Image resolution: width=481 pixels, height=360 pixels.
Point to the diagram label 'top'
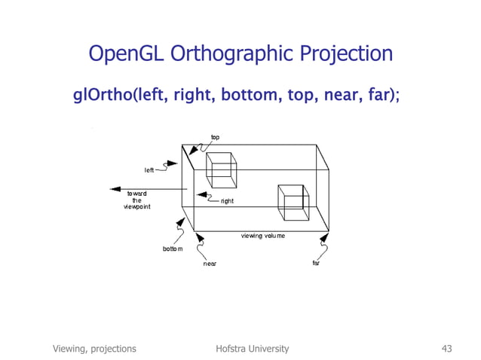coord(215,137)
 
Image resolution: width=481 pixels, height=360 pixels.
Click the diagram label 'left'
coord(149,170)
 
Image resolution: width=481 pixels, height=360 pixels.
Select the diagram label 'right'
coord(227,201)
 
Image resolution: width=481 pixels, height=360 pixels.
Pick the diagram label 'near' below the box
coord(210,264)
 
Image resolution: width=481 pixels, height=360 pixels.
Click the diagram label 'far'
coord(317,264)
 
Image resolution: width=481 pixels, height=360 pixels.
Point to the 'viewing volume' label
coord(263,236)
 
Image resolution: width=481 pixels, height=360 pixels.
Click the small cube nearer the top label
coord(222,170)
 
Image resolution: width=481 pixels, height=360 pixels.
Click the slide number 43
coord(446,348)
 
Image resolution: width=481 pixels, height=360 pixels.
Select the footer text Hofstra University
coord(252,348)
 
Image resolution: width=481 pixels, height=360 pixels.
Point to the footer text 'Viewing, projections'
coord(94,348)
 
